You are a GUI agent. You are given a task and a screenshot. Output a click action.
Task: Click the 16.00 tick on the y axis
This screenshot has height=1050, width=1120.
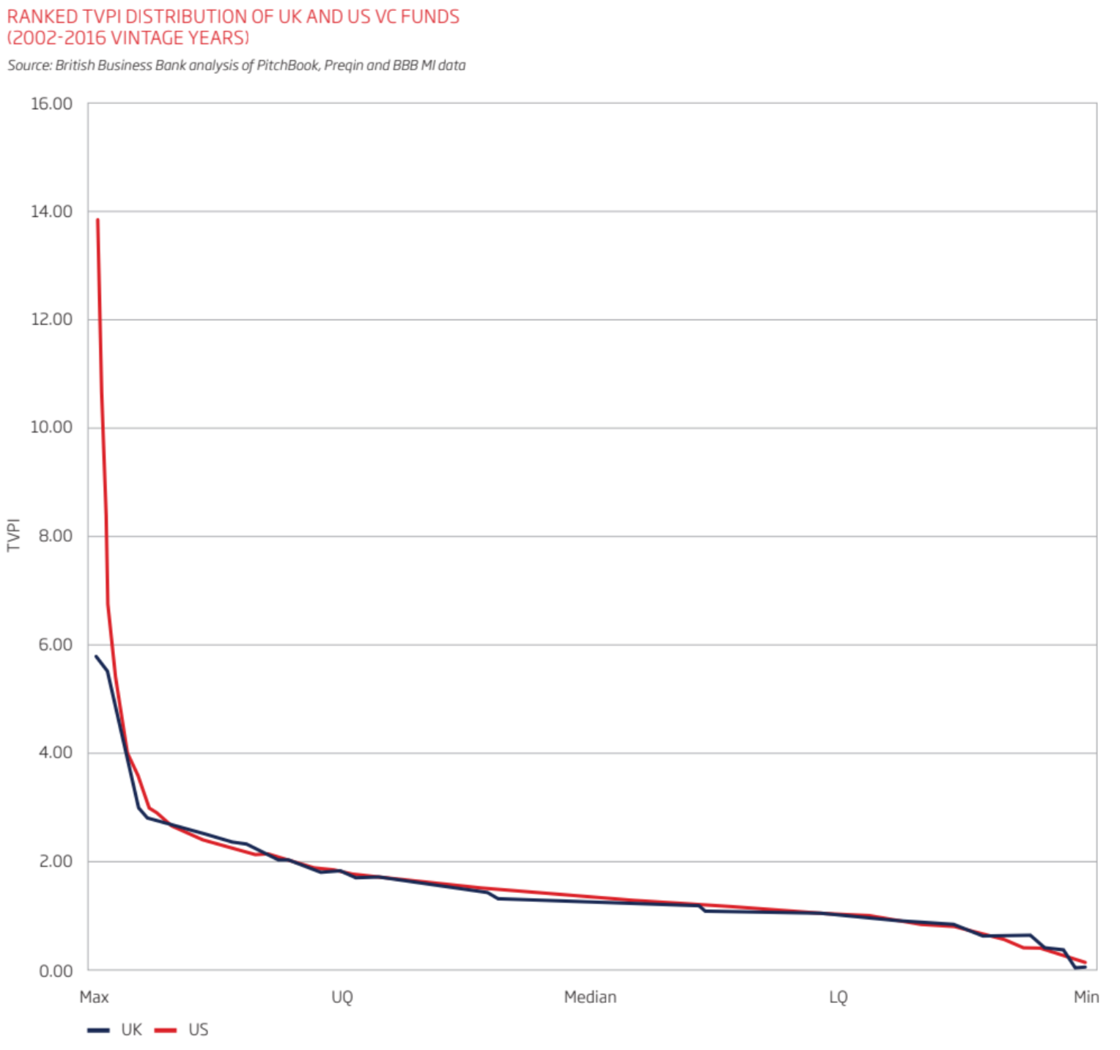pyautogui.click(x=51, y=103)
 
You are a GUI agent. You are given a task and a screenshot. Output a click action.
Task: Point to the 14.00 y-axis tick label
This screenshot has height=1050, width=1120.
pyautogui.click(x=51, y=212)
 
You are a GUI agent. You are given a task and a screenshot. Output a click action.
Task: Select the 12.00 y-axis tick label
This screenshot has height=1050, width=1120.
pyautogui.click(x=51, y=320)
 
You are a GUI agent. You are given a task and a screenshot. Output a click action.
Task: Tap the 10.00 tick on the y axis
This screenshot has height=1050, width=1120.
pyautogui.click(x=51, y=427)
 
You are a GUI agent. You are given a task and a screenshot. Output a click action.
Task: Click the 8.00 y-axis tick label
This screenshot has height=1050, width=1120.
pyautogui.click(x=55, y=536)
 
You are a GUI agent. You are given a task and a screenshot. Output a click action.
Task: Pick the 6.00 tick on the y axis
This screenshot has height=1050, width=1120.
pyautogui.click(x=55, y=645)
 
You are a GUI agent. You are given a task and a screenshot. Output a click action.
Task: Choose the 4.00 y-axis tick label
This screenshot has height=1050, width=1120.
pyautogui.click(x=55, y=753)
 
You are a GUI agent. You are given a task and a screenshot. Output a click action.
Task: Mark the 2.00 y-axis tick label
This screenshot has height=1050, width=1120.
pyautogui.click(x=55, y=862)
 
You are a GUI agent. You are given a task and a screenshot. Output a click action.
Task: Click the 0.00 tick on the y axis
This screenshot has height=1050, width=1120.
pyautogui.click(x=55, y=971)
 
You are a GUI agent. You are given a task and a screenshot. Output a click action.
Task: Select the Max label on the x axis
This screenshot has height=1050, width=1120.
pyautogui.click(x=94, y=997)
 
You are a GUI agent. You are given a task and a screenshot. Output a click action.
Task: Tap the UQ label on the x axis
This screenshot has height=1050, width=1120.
pyautogui.click(x=342, y=997)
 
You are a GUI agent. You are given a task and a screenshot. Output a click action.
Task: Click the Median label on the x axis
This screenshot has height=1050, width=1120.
pyautogui.click(x=590, y=997)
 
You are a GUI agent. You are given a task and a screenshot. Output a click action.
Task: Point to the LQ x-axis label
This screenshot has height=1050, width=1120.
pyautogui.click(x=838, y=997)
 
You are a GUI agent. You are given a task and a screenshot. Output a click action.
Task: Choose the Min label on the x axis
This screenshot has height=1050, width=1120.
pyautogui.click(x=1086, y=997)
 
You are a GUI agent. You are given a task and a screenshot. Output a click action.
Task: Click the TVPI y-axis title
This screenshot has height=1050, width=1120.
pyautogui.click(x=13, y=535)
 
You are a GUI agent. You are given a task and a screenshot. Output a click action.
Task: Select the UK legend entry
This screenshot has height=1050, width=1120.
pyautogui.click(x=130, y=1030)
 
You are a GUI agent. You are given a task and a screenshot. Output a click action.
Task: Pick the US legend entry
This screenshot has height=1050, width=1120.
pyautogui.click(x=198, y=1030)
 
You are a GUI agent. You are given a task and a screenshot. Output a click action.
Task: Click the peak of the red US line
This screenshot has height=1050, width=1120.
pyautogui.click(x=97, y=219)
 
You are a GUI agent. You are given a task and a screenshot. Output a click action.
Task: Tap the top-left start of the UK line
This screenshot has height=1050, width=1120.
pyautogui.click(x=96, y=656)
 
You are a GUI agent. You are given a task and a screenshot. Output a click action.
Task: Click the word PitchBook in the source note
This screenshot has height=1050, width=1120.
pyautogui.click(x=287, y=65)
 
